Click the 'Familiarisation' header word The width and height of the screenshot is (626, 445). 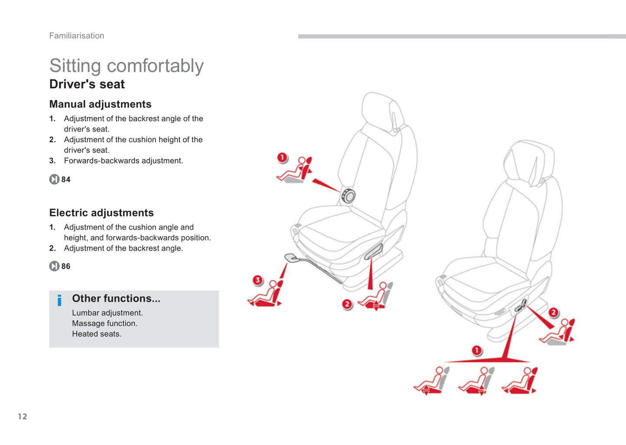77,36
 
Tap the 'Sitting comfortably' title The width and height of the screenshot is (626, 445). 126,66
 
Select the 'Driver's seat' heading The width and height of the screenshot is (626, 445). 87,84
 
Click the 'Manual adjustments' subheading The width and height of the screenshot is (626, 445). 101,104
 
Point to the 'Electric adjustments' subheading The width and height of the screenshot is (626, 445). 101,213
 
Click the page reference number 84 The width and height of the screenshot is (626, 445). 66,180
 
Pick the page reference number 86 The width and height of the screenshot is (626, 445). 66,266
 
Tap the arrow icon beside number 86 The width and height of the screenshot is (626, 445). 54,266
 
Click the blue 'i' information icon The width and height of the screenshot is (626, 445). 59,300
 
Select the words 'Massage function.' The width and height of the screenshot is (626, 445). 104,323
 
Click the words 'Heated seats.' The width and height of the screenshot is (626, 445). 97,334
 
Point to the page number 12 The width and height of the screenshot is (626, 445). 23,416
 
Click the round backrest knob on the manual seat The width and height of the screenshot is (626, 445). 348,196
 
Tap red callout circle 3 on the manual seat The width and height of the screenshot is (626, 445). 258,280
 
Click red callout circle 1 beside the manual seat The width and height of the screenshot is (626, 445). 282,157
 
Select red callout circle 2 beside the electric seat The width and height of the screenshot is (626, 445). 553,312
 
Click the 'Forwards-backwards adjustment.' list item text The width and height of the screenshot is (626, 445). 123,161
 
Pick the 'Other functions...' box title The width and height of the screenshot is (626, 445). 116,298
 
